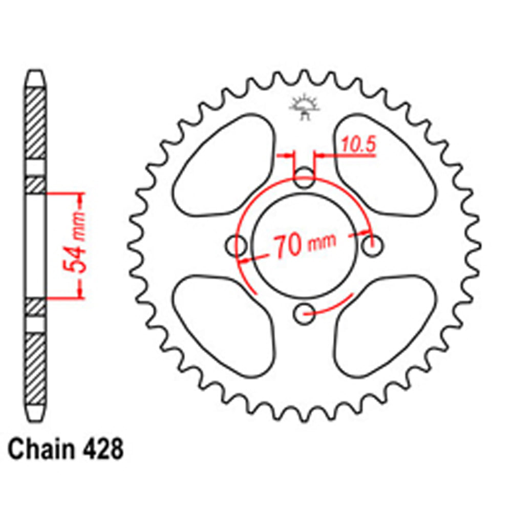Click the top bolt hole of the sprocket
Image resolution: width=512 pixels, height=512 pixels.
click(305, 178)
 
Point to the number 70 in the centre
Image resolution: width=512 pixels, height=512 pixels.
click(287, 246)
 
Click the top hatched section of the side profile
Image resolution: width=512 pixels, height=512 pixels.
click(35, 123)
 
